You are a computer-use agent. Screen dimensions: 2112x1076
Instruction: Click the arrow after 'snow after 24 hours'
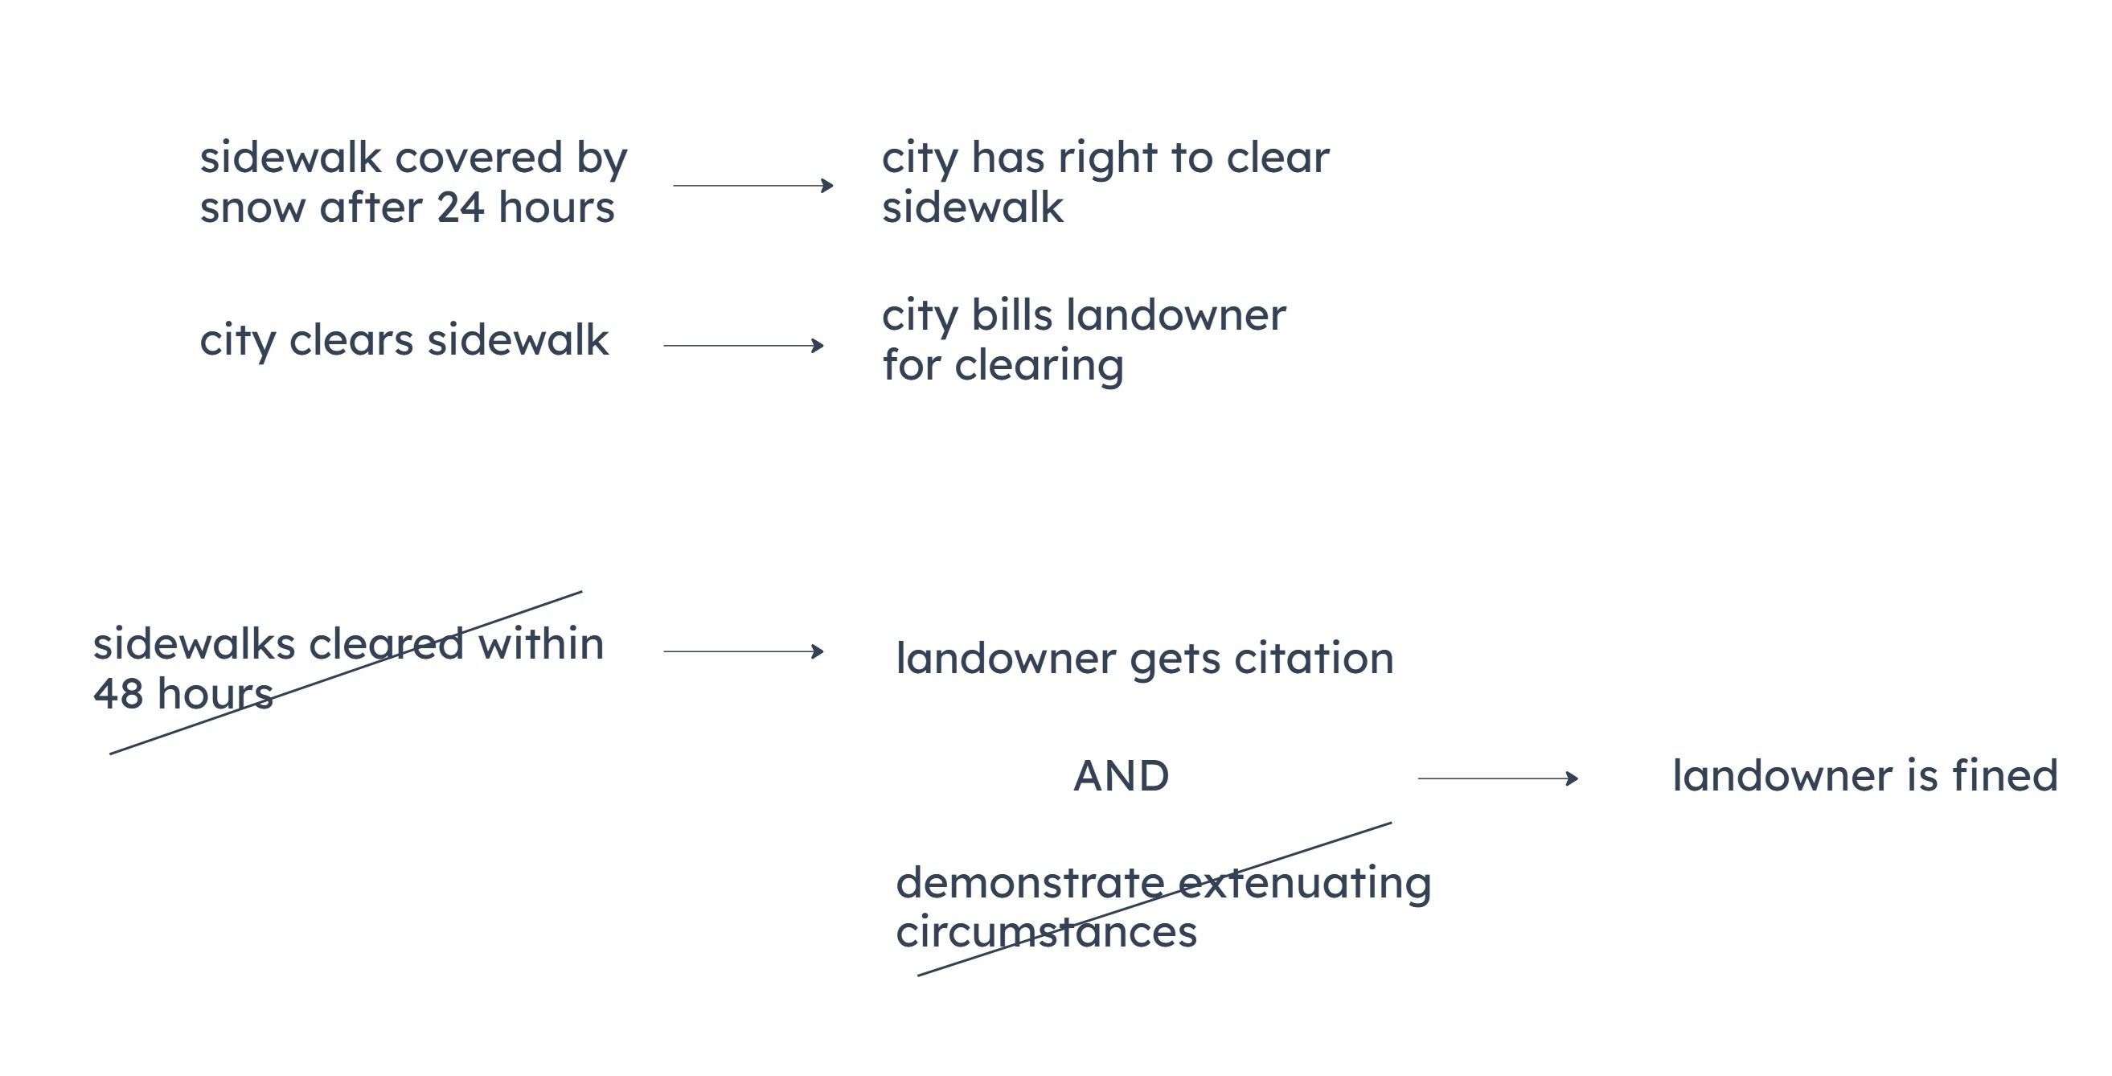[x=753, y=185]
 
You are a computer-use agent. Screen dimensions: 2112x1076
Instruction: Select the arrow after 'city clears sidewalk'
[x=743, y=345]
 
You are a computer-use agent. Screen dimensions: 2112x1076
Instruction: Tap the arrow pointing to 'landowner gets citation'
[x=743, y=651]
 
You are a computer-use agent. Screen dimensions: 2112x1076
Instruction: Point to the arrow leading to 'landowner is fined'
[x=1498, y=778]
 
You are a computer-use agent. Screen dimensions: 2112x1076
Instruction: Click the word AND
[x=1121, y=776]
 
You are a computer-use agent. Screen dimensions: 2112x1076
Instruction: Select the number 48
[x=118, y=694]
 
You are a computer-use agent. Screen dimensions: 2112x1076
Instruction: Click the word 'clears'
[x=351, y=340]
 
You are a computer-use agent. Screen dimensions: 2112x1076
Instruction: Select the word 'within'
[x=541, y=644]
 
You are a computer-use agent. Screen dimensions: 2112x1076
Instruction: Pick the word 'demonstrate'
[x=1030, y=884]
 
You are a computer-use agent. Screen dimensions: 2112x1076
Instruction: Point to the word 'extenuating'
[x=1304, y=886]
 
